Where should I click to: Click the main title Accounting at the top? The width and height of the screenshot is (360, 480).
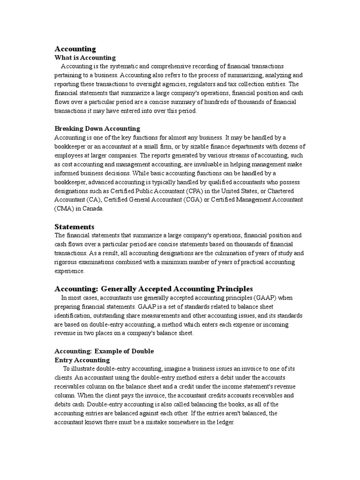coord(75,49)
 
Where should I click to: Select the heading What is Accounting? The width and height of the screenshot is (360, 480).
coord(85,58)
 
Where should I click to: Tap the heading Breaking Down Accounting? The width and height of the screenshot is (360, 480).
coord(97,128)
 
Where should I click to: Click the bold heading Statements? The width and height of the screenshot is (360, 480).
coord(75,227)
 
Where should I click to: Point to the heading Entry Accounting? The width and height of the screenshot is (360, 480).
coord(82,360)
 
